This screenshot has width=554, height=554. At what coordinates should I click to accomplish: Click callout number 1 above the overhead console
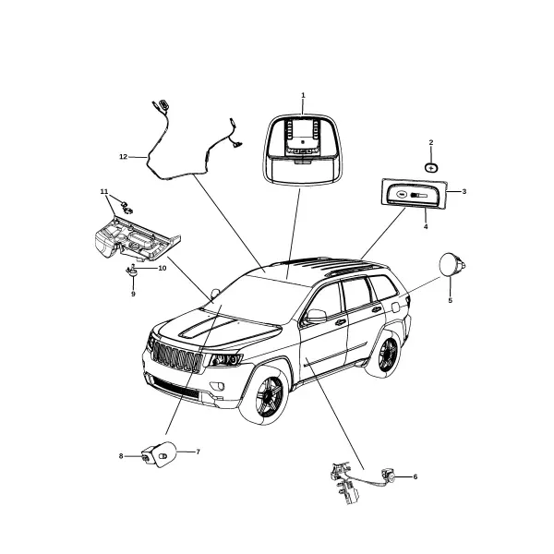(303, 95)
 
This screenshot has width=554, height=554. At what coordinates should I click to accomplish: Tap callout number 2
(430, 142)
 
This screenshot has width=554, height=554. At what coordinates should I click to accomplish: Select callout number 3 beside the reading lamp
(464, 191)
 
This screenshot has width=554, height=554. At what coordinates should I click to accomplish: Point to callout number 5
(451, 300)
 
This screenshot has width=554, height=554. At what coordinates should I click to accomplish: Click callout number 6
(415, 476)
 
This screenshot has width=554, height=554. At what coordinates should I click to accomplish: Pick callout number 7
(198, 452)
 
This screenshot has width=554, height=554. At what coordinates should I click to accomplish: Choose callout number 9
(133, 294)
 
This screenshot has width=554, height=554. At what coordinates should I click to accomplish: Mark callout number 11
(103, 191)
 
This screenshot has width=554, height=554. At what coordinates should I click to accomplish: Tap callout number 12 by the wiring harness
(124, 157)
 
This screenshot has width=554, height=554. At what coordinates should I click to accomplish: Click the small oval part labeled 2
(430, 168)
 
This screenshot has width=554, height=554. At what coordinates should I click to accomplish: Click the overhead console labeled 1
(303, 149)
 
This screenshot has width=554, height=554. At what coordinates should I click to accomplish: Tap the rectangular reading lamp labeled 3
(414, 193)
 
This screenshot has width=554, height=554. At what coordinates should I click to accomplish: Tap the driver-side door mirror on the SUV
(316, 316)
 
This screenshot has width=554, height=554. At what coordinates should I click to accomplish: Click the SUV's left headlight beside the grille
(225, 359)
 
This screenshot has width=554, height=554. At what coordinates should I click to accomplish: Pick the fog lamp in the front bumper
(217, 386)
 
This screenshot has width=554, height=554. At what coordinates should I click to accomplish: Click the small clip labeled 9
(132, 271)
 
